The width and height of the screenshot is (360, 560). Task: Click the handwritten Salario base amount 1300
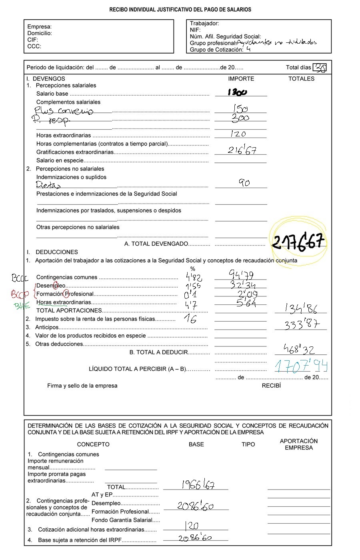[x=237, y=92]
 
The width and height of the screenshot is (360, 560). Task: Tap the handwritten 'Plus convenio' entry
[x=64, y=110]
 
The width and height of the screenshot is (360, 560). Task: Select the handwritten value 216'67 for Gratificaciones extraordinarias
[x=242, y=150]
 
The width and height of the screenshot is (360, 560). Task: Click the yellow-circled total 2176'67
[x=298, y=242]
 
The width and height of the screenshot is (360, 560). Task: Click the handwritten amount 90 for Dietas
[x=244, y=183]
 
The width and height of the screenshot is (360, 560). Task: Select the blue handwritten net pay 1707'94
[x=301, y=366]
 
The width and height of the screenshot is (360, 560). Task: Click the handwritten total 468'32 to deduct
[x=299, y=349]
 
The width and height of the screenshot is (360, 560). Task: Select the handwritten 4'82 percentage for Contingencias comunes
[x=194, y=276]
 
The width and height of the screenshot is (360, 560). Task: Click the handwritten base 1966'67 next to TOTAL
[x=198, y=485]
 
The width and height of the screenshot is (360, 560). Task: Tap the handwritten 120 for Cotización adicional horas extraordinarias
[x=191, y=526]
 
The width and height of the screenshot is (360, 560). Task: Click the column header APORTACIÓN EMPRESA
[x=298, y=444]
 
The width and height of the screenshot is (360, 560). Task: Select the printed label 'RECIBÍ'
[x=271, y=386]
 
